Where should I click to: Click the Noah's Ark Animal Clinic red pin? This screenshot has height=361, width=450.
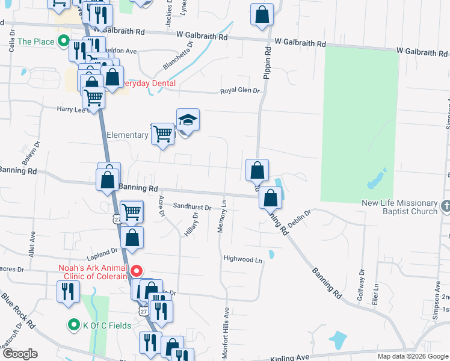tap(137, 271)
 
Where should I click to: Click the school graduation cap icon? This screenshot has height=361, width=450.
tap(188, 120)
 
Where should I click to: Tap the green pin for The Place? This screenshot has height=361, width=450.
tap(63, 42)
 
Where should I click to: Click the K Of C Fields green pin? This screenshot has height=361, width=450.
tap(74, 326)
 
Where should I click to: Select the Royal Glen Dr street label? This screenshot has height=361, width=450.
tap(239, 90)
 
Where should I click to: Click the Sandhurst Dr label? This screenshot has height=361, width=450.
tap(192, 206)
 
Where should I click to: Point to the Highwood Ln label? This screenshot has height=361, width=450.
tap(244, 260)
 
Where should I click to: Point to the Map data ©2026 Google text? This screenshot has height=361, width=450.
tap(413, 356)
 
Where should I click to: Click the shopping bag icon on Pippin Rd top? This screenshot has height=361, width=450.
tap(262, 15)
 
